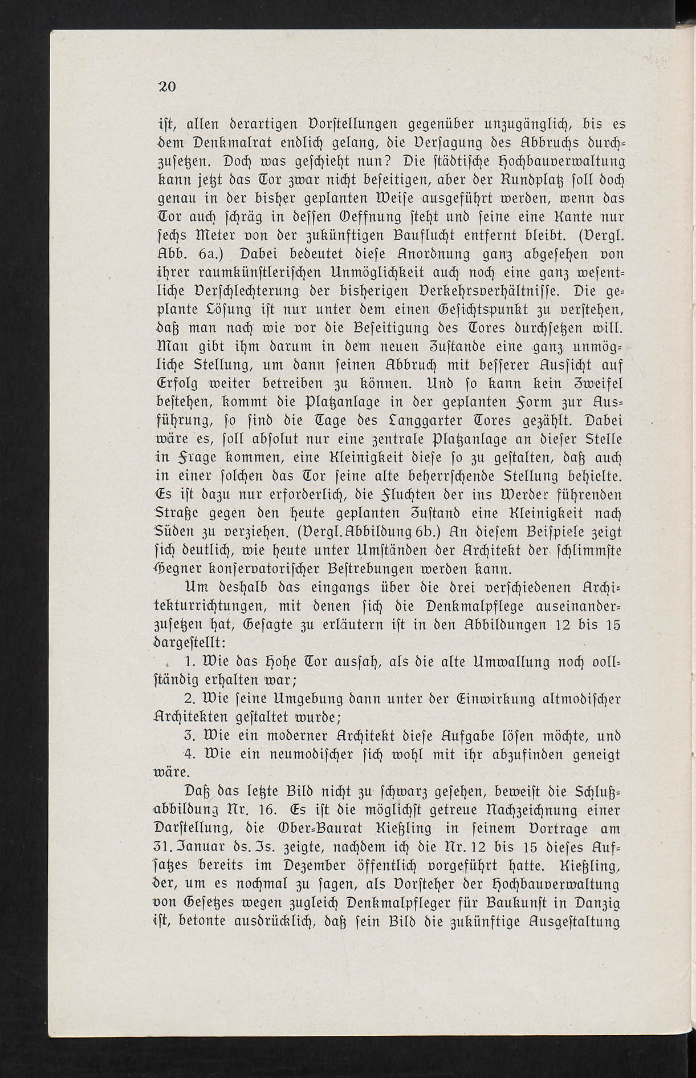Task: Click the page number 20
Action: pyautogui.click(x=167, y=87)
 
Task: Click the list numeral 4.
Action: pyautogui.click(x=191, y=754)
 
